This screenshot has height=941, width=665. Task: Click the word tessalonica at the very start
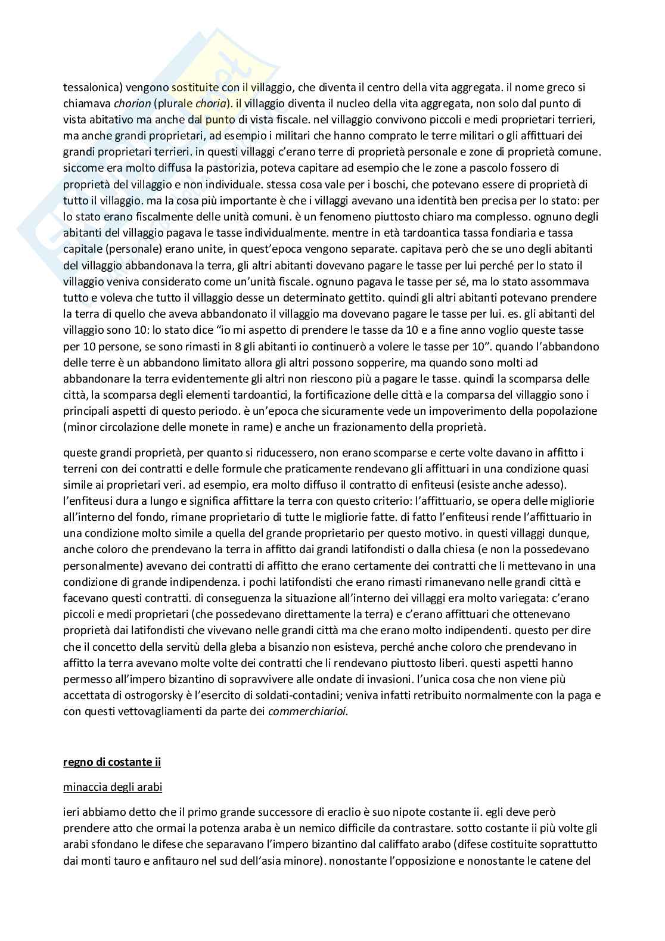pyautogui.click(x=87, y=87)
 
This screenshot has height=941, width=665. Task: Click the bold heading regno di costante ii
pyautogui.click(x=112, y=762)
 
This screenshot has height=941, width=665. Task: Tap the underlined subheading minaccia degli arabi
pyautogui.click(x=113, y=787)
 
